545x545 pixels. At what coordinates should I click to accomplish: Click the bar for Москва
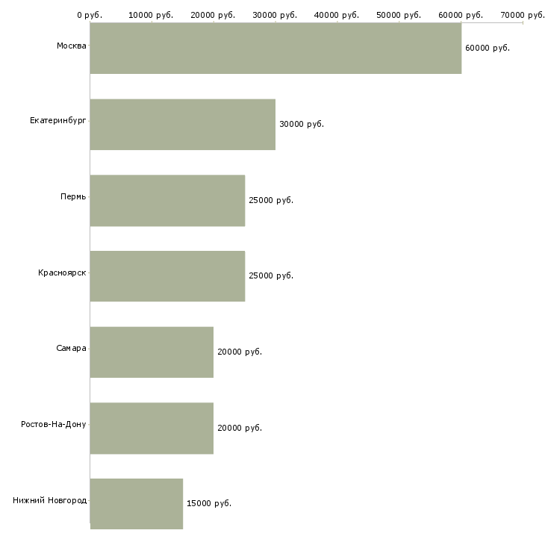275,49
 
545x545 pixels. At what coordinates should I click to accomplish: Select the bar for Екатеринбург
183,125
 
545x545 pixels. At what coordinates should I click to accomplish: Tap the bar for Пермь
167,201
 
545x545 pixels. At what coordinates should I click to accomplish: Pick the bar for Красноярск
167,276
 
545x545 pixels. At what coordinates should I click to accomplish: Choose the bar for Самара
152,352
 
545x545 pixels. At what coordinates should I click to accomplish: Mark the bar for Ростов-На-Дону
152,429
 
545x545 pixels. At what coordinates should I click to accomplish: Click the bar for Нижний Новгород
137,504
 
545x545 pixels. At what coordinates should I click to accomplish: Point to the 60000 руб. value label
487,49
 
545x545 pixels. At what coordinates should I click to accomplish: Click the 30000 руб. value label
301,125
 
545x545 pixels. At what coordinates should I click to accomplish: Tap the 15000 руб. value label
208,504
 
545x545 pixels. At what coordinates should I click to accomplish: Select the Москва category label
71,46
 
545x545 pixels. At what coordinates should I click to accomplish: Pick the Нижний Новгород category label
49,500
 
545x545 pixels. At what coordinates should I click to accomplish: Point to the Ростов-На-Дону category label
54,425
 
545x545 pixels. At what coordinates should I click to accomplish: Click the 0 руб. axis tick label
90,15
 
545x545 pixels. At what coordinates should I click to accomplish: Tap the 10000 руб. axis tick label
152,15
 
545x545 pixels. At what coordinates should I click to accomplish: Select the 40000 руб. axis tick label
337,15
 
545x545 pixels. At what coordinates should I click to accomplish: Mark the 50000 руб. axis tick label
399,15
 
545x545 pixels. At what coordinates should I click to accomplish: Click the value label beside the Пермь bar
270,201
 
